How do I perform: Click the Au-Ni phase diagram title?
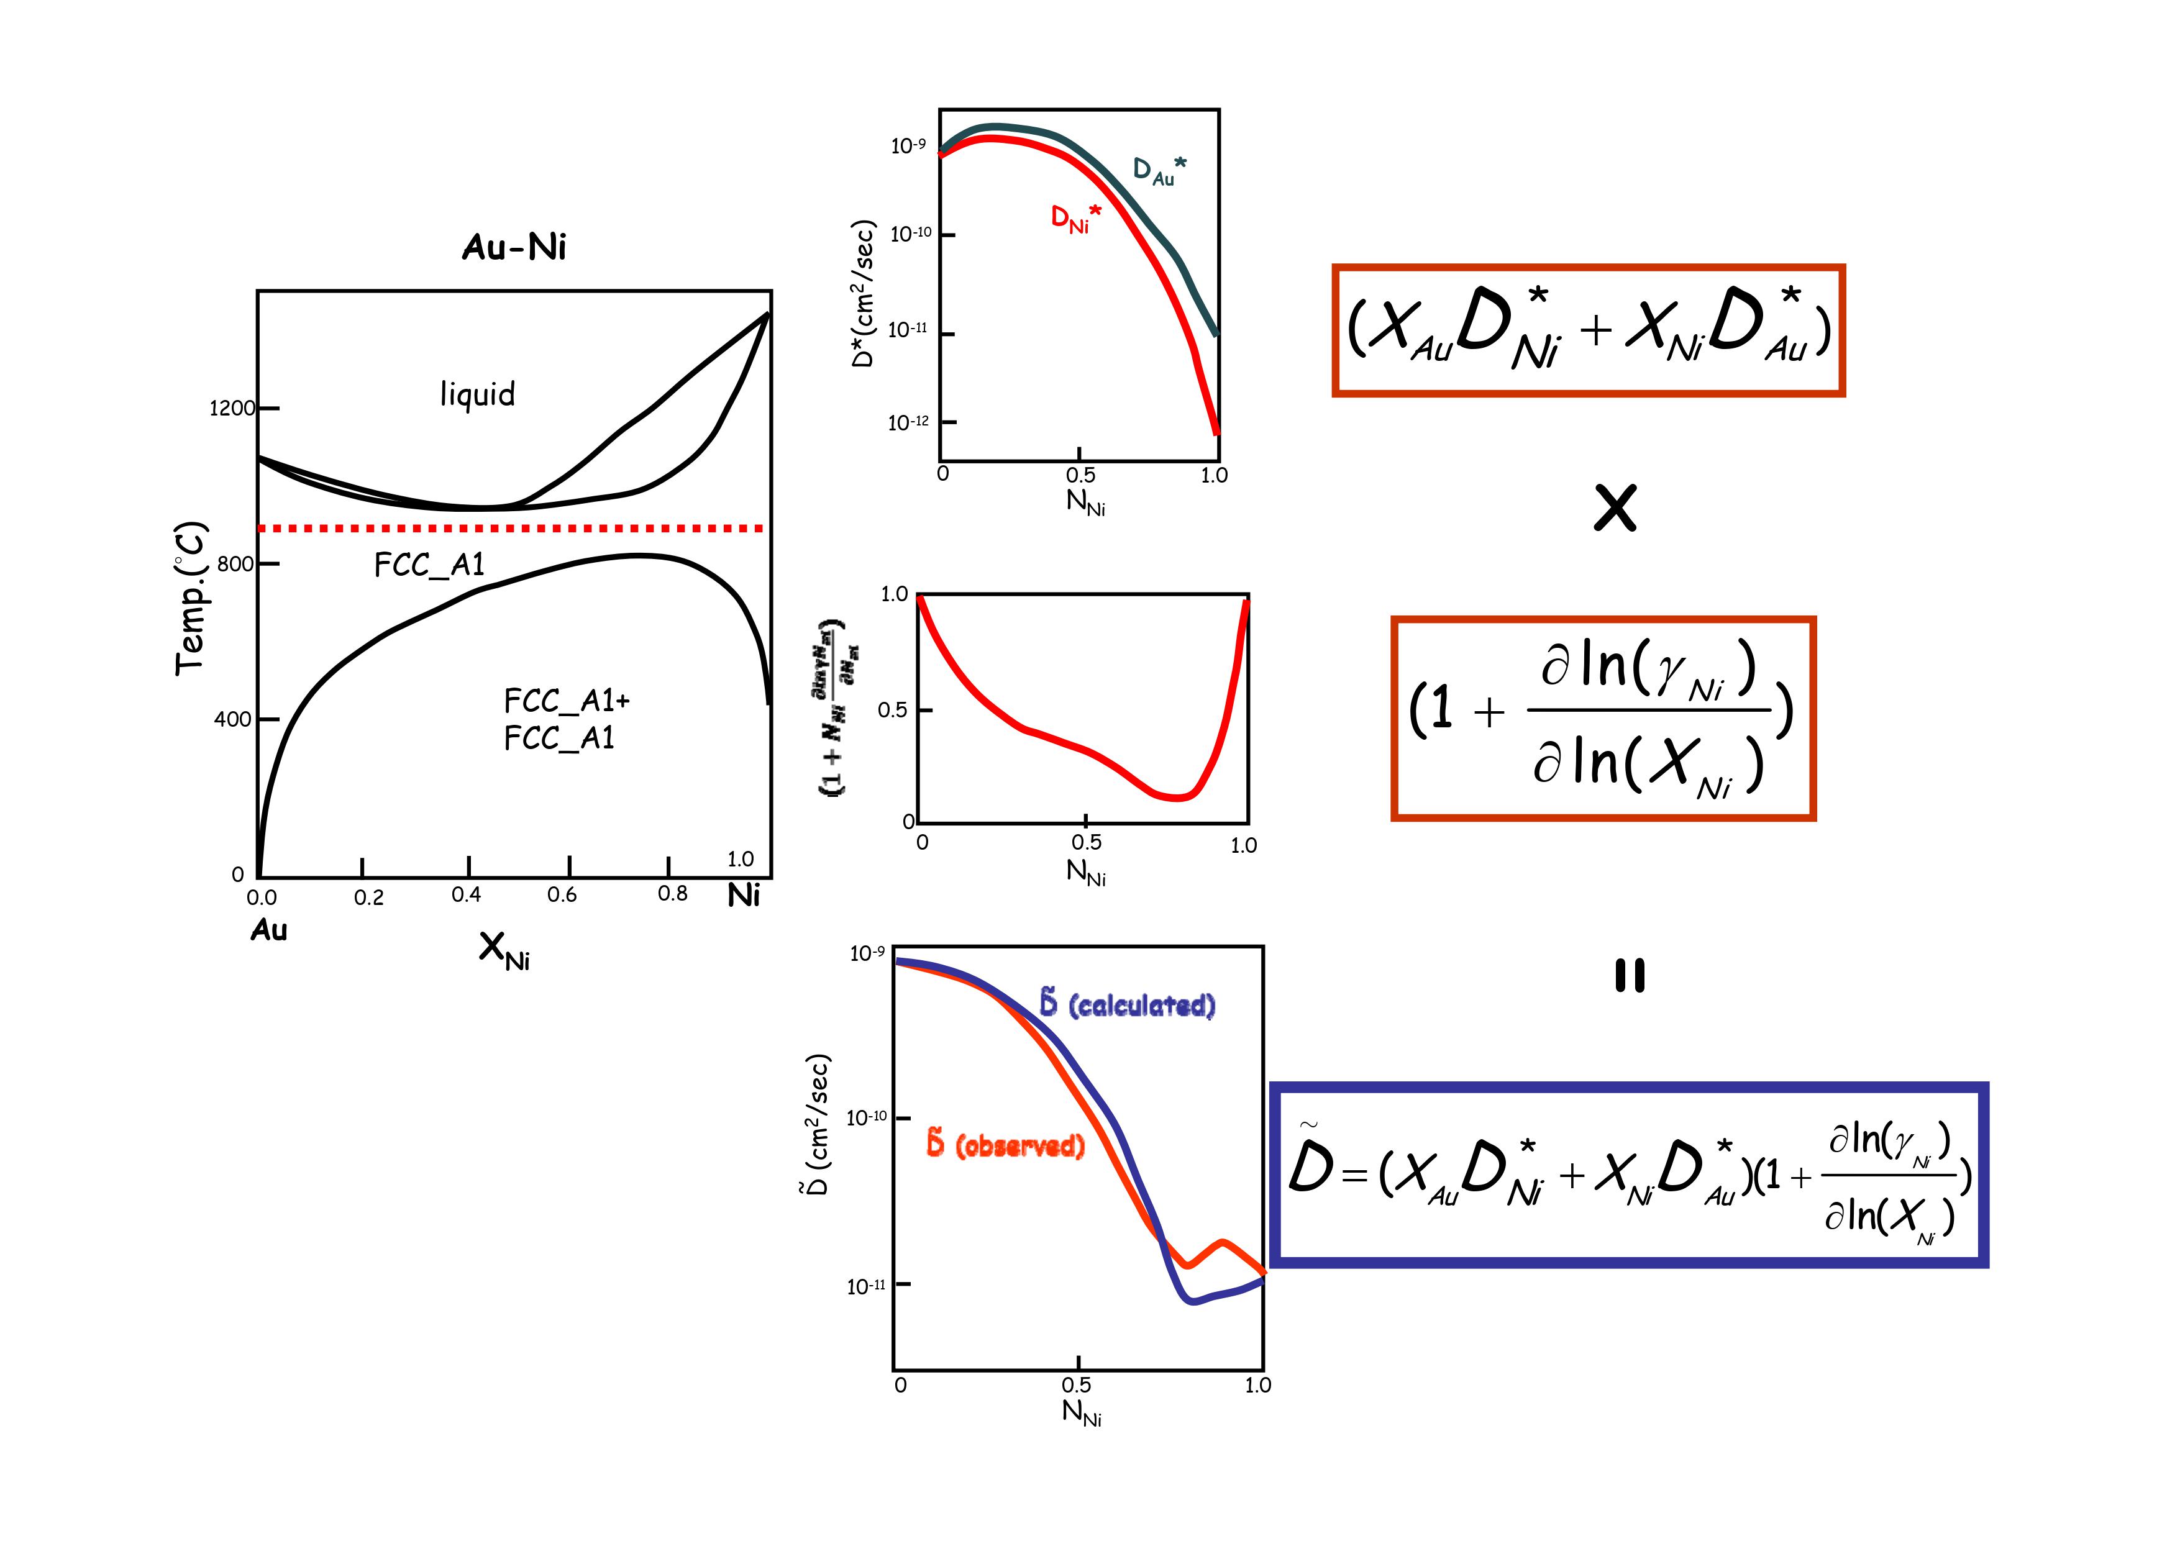tap(514, 248)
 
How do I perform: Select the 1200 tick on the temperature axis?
tap(232, 408)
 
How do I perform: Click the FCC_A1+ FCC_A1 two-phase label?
tap(567, 719)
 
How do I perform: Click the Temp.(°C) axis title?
tap(190, 598)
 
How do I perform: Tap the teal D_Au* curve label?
tap(1159, 171)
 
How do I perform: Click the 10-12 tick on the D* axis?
tap(909, 422)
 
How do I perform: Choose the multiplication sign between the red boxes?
tap(1615, 508)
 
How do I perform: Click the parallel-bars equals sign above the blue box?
tap(1630, 976)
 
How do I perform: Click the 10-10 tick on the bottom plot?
tap(866, 1117)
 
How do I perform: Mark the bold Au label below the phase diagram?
tap(269, 930)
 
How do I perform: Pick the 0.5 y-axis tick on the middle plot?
tap(893, 710)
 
